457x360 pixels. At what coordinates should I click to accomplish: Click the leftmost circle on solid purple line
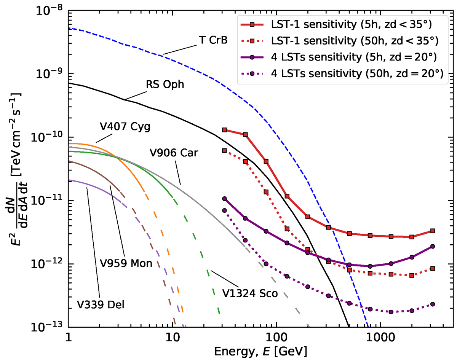pos(225,199)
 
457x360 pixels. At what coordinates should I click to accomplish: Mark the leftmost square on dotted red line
pos(225,151)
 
